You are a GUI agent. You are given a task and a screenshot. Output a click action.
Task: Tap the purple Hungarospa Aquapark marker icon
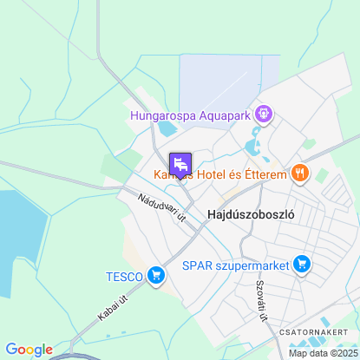point(265,113)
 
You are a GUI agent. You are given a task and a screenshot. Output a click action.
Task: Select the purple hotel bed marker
point(180,164)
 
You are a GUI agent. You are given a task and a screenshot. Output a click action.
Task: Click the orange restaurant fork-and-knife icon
point(300,173)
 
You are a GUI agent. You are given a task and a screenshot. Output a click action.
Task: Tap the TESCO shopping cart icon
point(156,276)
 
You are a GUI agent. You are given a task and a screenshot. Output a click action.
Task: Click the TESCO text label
point(124,277)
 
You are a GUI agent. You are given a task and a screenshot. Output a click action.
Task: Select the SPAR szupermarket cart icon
point(302,263)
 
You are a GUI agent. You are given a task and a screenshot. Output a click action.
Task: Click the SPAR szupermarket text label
point(234,264)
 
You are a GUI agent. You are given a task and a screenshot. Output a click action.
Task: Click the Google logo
point(29,349)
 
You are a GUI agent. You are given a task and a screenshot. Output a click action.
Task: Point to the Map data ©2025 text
point(322,353)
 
